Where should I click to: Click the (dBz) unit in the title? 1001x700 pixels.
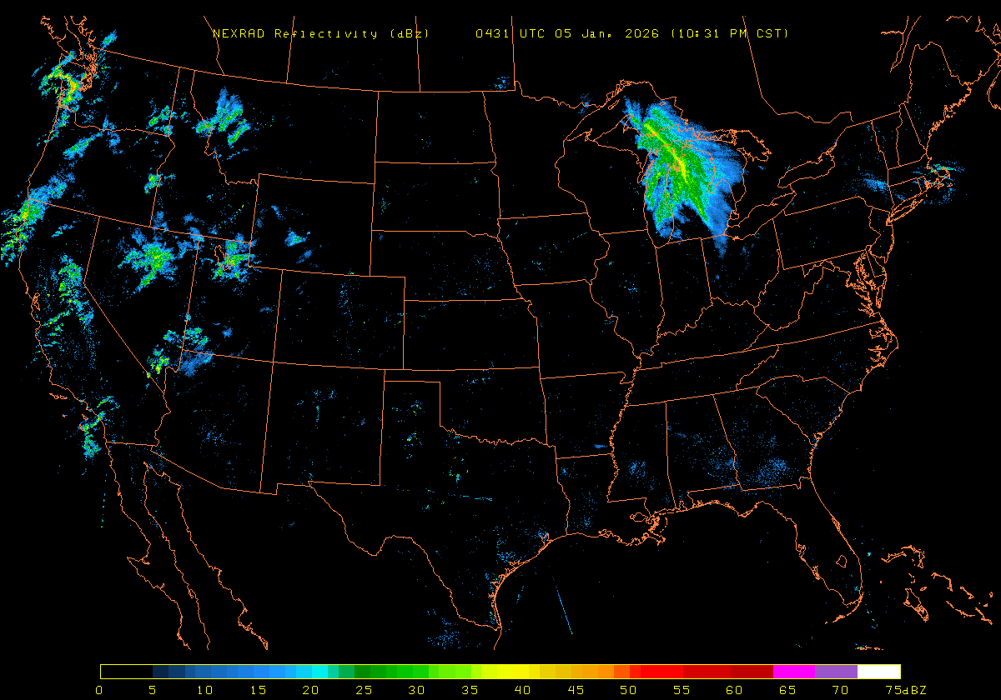click(410, 34)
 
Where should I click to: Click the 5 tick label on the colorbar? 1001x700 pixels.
click(152, 690)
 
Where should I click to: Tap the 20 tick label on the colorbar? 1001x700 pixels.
click(310, 690)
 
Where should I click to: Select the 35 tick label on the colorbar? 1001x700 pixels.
click(469, 690)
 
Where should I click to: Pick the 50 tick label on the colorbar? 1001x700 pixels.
click(627, 690)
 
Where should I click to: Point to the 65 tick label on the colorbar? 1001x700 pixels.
click(786, 690)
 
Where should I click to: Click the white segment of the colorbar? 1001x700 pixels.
click(878, 671)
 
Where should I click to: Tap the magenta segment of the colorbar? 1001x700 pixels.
click(793, 671)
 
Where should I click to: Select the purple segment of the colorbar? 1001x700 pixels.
click(836, 671)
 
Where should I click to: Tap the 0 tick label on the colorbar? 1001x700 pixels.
click(100, 690)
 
